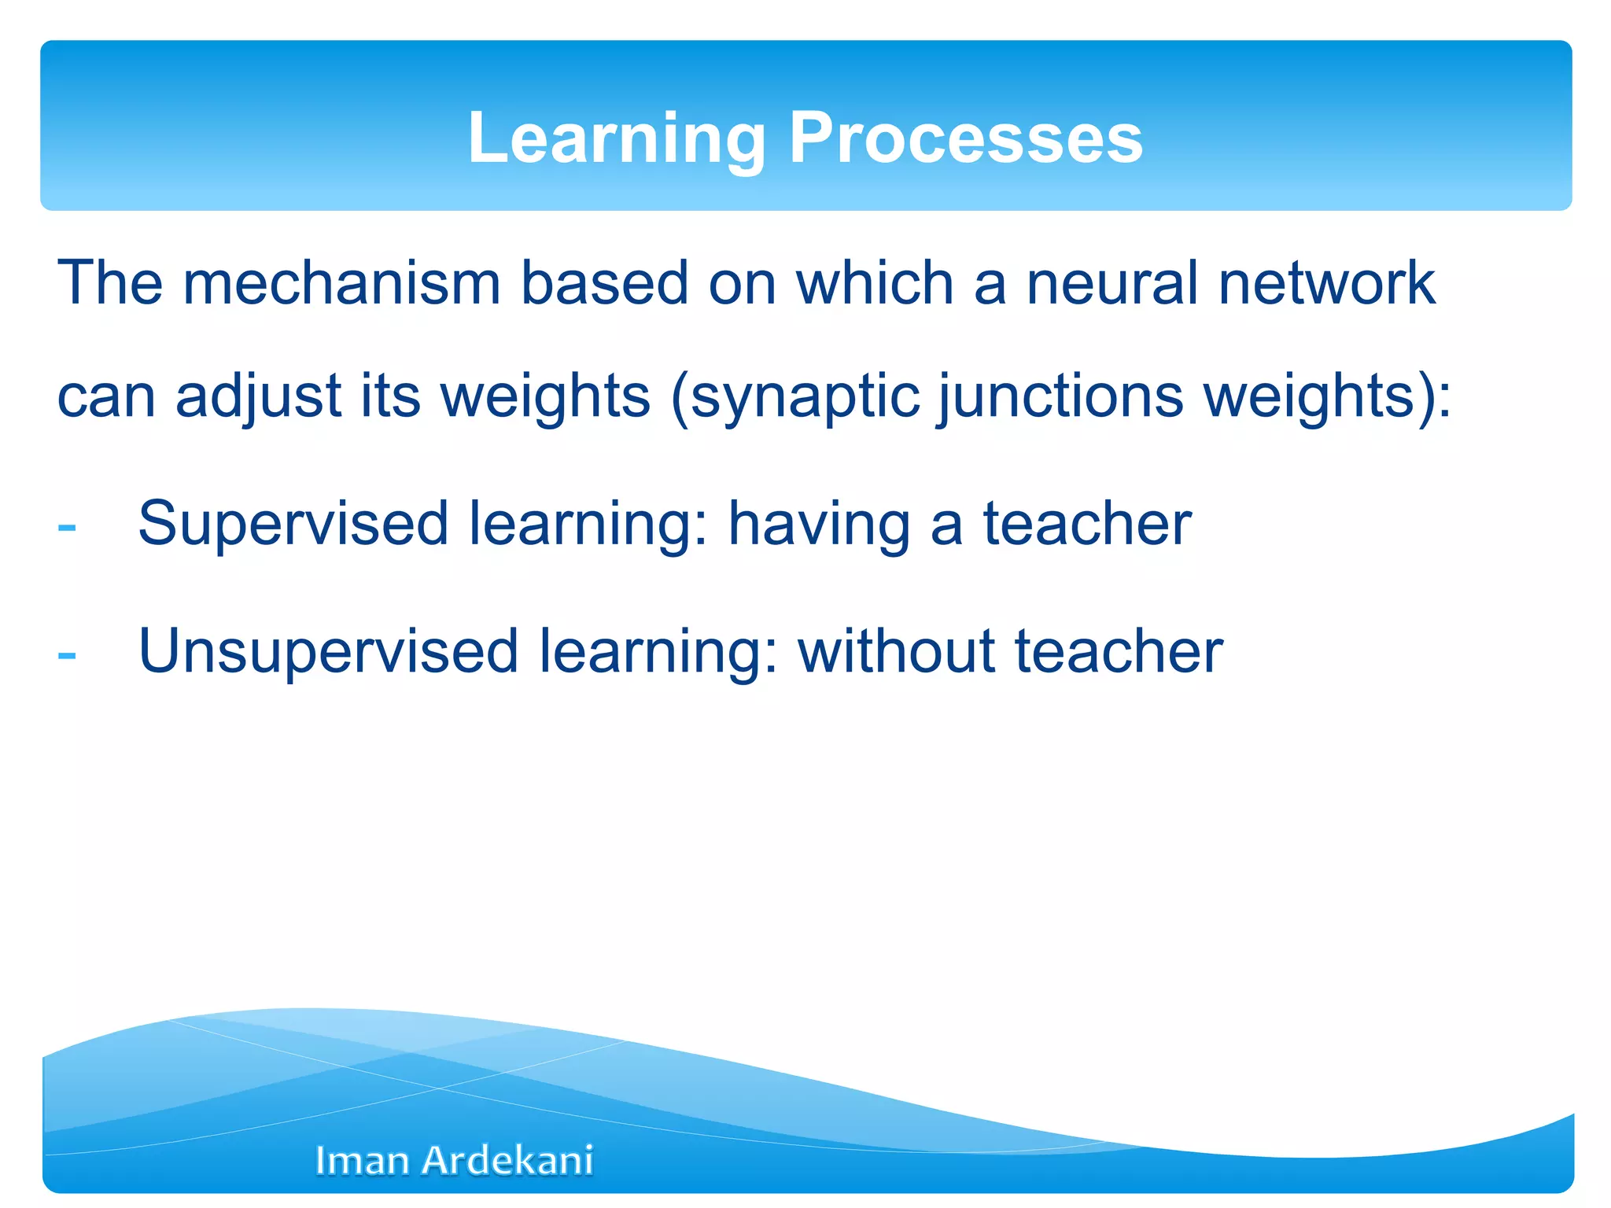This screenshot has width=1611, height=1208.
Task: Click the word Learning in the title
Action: [616, 138]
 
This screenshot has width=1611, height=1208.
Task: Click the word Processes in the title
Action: [965, 138]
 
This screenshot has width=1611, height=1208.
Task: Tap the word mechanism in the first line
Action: [341, 283]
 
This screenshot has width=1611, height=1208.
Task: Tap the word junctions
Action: [1060, 397]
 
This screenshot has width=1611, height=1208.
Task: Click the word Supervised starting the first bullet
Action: [293, 525]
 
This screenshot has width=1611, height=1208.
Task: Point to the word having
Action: [818, 525]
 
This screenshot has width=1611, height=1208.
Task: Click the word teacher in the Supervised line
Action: [1087, 524]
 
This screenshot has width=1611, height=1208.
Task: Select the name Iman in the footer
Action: [362, 1161]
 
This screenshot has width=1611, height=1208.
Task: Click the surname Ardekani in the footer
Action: [507, 1161]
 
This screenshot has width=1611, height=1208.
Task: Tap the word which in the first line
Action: [875, 283]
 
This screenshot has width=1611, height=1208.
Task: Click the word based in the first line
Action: [604, 283]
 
